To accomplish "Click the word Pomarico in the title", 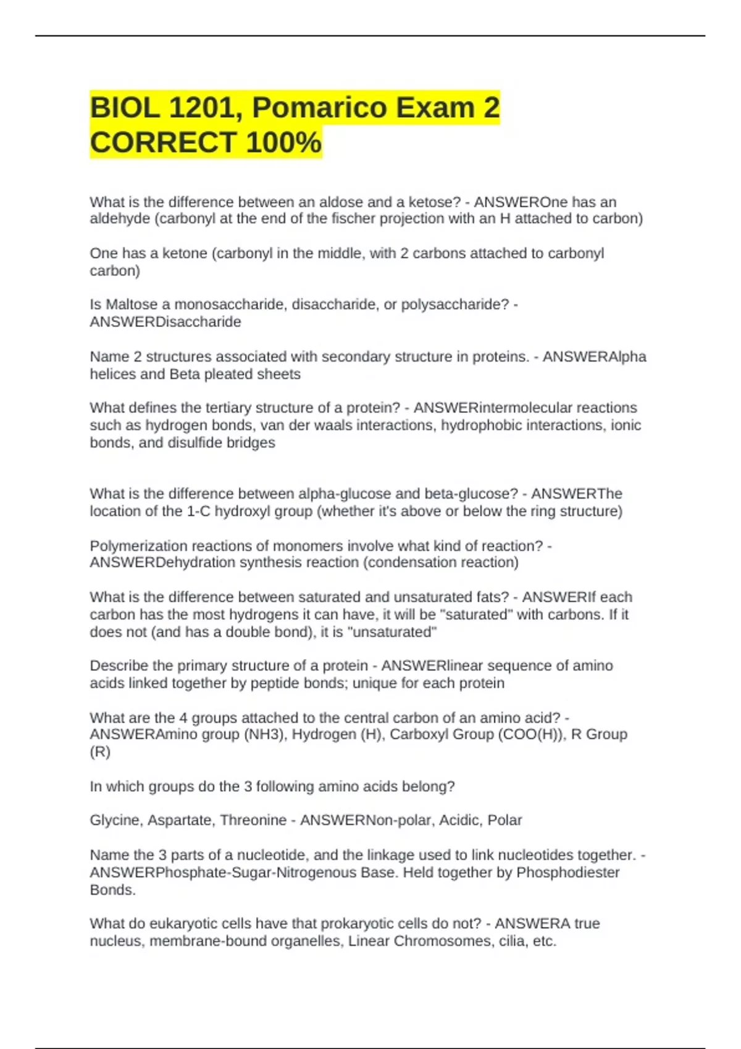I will pos(319,108).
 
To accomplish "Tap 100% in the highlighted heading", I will pos(283,143).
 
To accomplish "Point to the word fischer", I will pos(353,219).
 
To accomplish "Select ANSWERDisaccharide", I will pos(165,322).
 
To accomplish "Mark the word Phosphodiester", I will pos(567,873).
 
